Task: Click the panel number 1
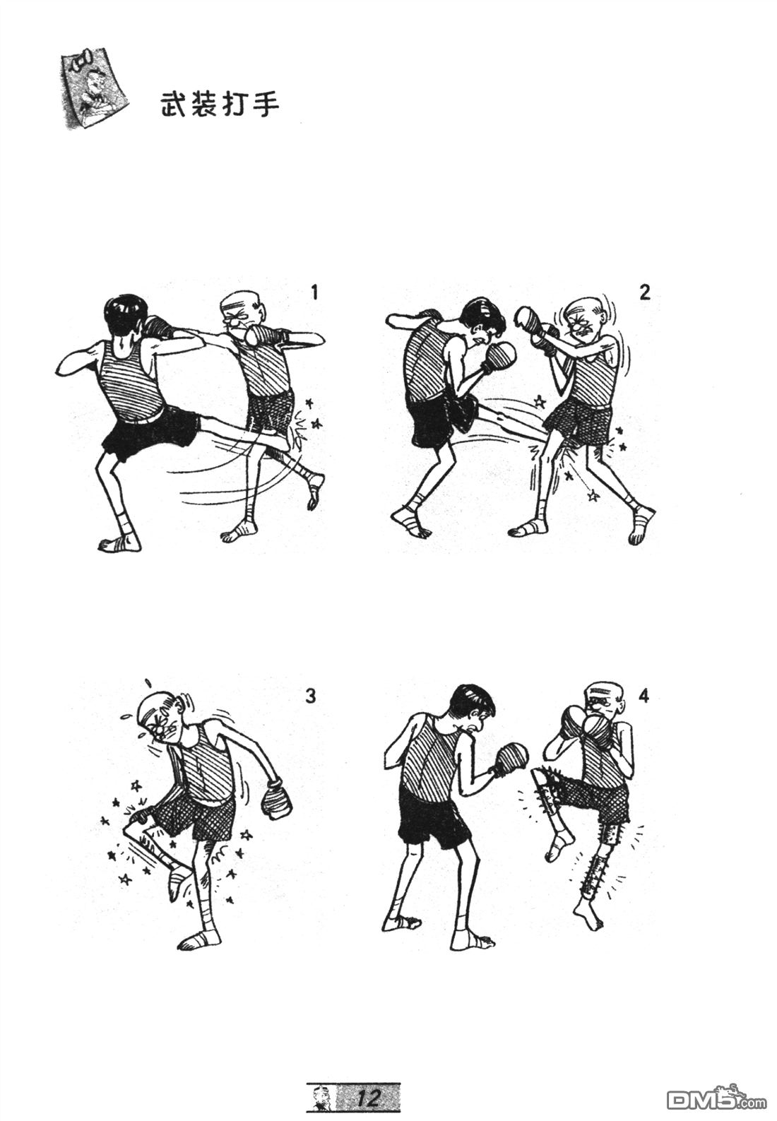tap(314, 292)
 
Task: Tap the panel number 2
tap(645, 292)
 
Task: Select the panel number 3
tap(311, 696)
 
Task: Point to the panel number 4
tap(644, 696)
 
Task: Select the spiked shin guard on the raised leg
tap(549, 802)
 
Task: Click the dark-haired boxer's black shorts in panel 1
tap(150, 434)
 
